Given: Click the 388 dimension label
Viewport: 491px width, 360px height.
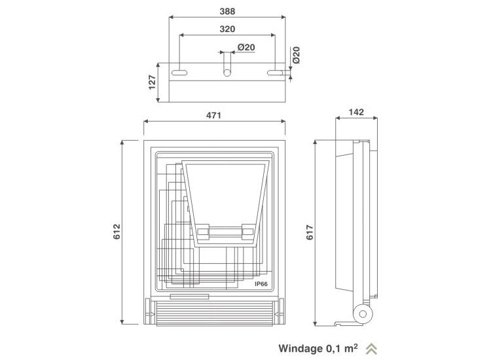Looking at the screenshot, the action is click(x=227, y=11).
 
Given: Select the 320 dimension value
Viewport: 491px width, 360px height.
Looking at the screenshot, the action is click(x=227, y=29).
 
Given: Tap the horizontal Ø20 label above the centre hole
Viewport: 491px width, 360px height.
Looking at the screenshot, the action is click(x=246, y=47).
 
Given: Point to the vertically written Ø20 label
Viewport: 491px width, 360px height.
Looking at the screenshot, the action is click(x=296, y=55).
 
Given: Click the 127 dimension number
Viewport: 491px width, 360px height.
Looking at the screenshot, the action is click(x=152, y=82).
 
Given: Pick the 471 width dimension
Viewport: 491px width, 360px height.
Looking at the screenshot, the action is click(x=213, y=115).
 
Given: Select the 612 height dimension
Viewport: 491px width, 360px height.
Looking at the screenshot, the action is click(x=117, y=232).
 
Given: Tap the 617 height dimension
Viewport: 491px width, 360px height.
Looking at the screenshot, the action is click(x=310, y=232).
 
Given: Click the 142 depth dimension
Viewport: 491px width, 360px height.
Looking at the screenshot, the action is click(x=356, y=112).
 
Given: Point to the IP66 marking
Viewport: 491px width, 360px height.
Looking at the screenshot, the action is click(x=261, y=284).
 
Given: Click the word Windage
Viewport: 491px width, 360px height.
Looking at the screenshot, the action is click(x=300, y=348).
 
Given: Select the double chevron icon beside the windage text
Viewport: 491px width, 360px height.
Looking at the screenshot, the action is click(x=371, y=349).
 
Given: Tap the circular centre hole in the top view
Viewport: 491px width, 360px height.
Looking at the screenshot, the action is click(x=227, y=73).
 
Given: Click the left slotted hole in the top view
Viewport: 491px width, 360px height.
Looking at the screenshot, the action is click(x=179, y=73).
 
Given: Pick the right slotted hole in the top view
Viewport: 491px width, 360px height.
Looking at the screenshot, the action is click(x=275, y=73).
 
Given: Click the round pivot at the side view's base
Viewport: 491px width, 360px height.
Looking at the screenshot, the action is click(x=363, y=314).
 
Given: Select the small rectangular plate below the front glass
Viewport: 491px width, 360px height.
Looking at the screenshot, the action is click(x=189, y=297).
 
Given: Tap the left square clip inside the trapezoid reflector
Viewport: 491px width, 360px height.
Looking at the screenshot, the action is click(x=204, y=232).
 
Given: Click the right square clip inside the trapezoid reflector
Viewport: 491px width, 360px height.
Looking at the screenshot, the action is click(x=247, y=232).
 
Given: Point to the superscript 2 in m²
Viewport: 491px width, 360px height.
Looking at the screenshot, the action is click(x=355, y=346).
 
